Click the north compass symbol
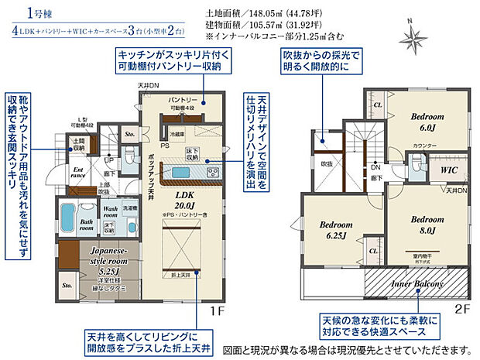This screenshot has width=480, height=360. pyautogui.click(x=411, y=34)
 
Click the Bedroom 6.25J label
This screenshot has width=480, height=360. pyautogui.click(x=334, y=229)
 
